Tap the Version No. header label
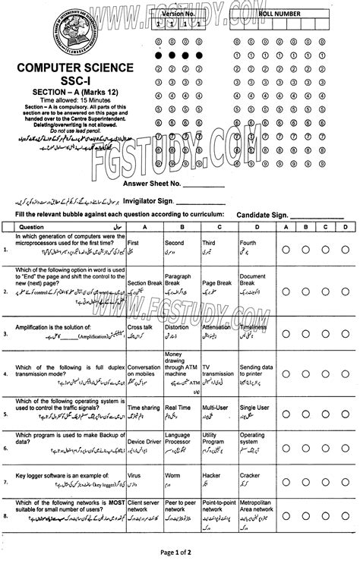click(178, 14)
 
